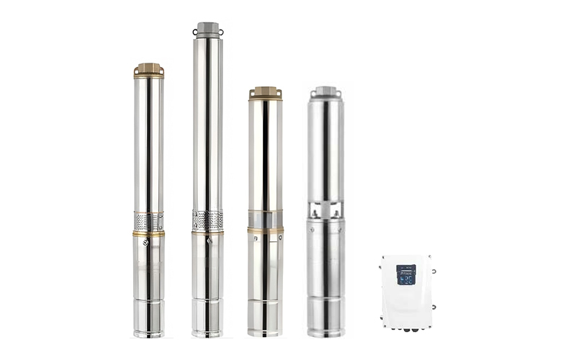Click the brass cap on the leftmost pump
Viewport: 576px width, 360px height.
(x=148, y=70)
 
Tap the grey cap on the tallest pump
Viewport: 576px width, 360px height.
(x=207, y=30)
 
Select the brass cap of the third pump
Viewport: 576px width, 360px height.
(x=266, y=93)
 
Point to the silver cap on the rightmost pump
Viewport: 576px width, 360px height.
(x=325, y=92)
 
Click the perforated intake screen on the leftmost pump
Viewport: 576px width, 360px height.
(x=148, y=221)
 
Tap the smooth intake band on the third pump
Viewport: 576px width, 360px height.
(x=266, y=219)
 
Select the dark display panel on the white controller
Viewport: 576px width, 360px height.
(x=406, y=274)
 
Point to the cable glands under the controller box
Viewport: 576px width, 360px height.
(x=408, y=330)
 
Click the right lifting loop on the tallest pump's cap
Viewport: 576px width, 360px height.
(x=221, y=32)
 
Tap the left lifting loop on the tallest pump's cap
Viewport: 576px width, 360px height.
(x=194, y=32)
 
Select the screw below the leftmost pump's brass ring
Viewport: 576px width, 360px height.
(x=146, y=243)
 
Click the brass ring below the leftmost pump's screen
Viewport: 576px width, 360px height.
(x=148, y=234)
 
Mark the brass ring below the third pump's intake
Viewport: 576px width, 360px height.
(x=266, y=230)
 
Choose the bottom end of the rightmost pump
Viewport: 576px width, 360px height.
(x=325, y=333)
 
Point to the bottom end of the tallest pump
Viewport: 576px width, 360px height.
(x=207, y=333)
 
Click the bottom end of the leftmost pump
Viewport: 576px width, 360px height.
(x=148, y=333)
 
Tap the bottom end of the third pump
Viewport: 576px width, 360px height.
(x=266, y=333)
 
